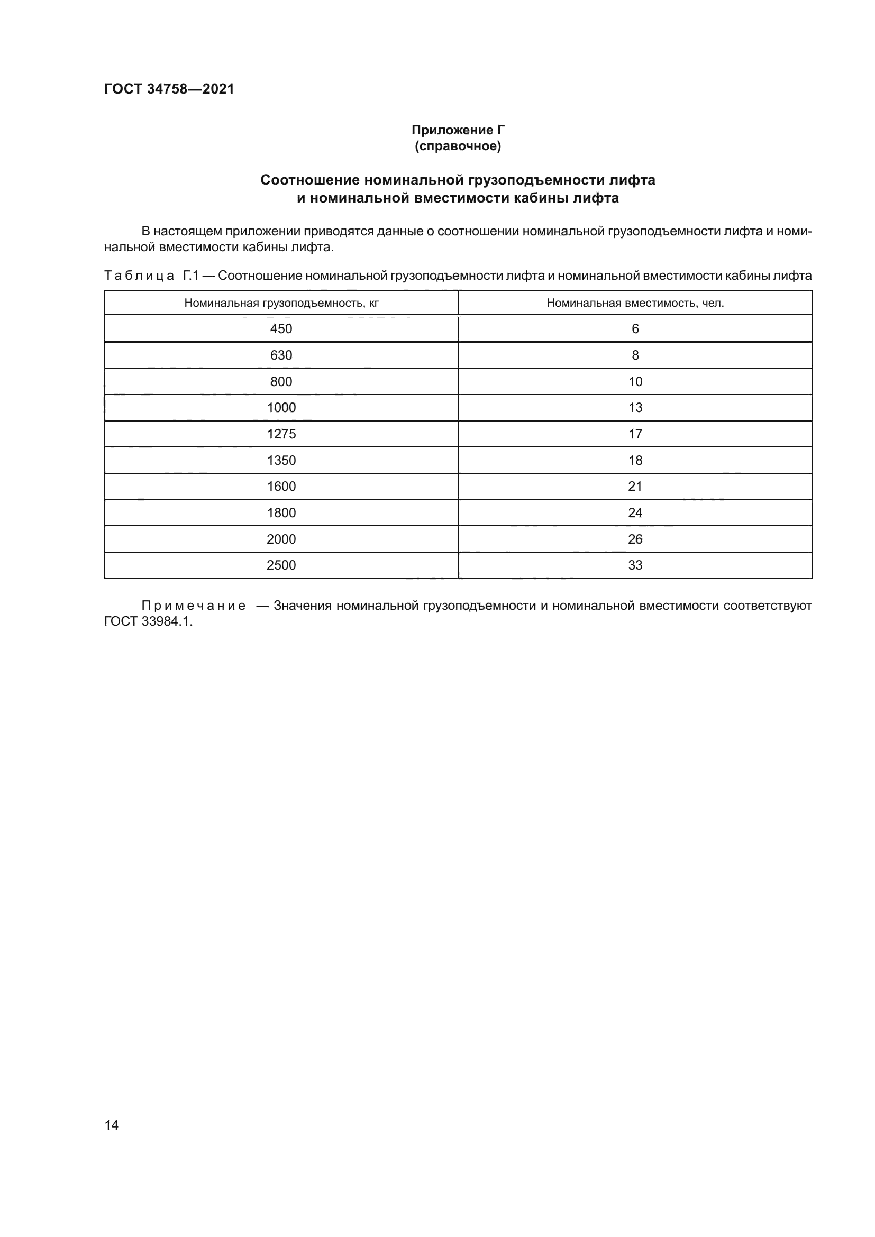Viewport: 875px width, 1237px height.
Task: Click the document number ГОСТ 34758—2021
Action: click(169, 89)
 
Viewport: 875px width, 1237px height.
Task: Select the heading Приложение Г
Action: click(458, 130)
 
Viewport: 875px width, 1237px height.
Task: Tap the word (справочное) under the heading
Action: click(458, 146)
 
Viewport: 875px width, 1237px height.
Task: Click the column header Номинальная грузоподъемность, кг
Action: click(281, 303)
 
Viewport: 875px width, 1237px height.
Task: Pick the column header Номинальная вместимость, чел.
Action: click(635, 303)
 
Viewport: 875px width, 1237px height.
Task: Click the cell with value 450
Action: click(281, 328)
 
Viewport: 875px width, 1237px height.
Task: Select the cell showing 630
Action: click(281, 355)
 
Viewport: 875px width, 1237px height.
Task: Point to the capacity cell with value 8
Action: click(635, 355)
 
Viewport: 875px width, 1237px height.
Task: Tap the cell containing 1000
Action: click(281, 408)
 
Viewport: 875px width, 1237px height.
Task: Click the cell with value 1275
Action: click(281, 434)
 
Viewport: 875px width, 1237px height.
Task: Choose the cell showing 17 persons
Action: click(635, 434)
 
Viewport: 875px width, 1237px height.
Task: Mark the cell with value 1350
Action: click(281, 460)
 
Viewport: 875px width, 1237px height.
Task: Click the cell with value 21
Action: click(635, 487)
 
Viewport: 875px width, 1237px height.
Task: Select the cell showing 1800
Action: click(281, 513)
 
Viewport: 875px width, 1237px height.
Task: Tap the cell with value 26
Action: click(635, 539)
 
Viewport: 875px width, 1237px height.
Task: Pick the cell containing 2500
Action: click(281, 565)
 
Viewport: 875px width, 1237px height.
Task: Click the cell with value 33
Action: click(635, 565)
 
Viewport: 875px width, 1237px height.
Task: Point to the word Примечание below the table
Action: click(194, 606)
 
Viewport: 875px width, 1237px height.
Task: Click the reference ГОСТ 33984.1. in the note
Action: click(148, 621)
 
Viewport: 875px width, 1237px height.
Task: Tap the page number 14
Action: click(112, 1125)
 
